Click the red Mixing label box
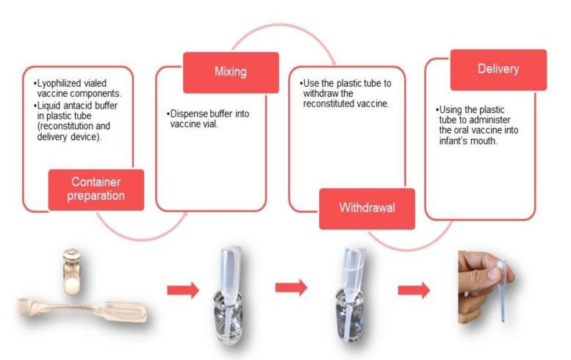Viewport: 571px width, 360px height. point(230,73)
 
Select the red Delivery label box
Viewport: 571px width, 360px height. point(498,70)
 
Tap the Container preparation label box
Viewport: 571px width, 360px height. point(96,190)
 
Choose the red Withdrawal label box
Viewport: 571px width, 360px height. point(367,208)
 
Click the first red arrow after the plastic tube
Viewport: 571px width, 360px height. point(182,290)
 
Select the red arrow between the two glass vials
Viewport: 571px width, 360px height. point(291,287)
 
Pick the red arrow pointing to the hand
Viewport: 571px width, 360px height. point(413,290)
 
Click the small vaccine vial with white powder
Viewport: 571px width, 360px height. point(73,273)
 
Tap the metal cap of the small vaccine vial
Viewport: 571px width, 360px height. point(73,255)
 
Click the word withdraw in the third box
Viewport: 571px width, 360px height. point(317,94)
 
